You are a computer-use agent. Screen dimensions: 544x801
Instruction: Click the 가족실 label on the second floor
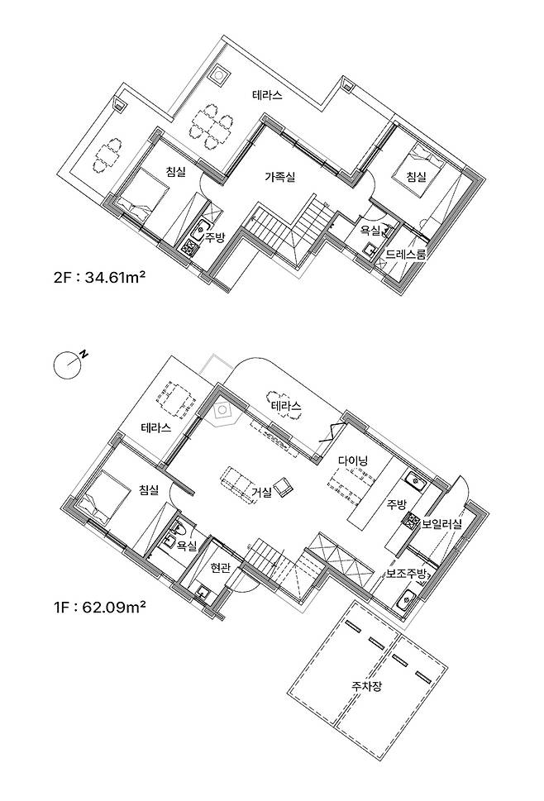tap(280, 177)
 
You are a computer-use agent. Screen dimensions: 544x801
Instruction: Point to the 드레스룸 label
tap(406, 254)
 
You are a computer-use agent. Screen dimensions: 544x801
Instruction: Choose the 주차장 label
tap(366, 685)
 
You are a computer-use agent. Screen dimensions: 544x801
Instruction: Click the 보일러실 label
tap(441, 523)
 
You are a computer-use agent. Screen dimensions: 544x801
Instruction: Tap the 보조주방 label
tap(406, 573)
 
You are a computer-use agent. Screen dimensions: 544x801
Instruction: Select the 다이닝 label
tap(354, 460)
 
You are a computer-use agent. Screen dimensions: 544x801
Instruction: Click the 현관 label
tap(220, 567)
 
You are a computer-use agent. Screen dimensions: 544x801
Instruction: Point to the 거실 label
tap(262, 492)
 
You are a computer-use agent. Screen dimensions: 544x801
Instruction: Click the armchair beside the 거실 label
tap(284, 487)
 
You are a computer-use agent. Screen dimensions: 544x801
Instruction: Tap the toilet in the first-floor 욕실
tap(179, 527)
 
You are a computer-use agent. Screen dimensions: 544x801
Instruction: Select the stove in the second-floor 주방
tap(189, 248)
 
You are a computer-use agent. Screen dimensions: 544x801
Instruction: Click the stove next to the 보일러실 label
tap(412, 520)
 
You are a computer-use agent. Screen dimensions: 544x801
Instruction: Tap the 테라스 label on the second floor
tap(267, 95)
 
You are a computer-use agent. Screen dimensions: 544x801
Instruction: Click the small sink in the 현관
tap(203, 593)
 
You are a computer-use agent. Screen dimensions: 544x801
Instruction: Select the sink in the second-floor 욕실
tap(370, 249)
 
